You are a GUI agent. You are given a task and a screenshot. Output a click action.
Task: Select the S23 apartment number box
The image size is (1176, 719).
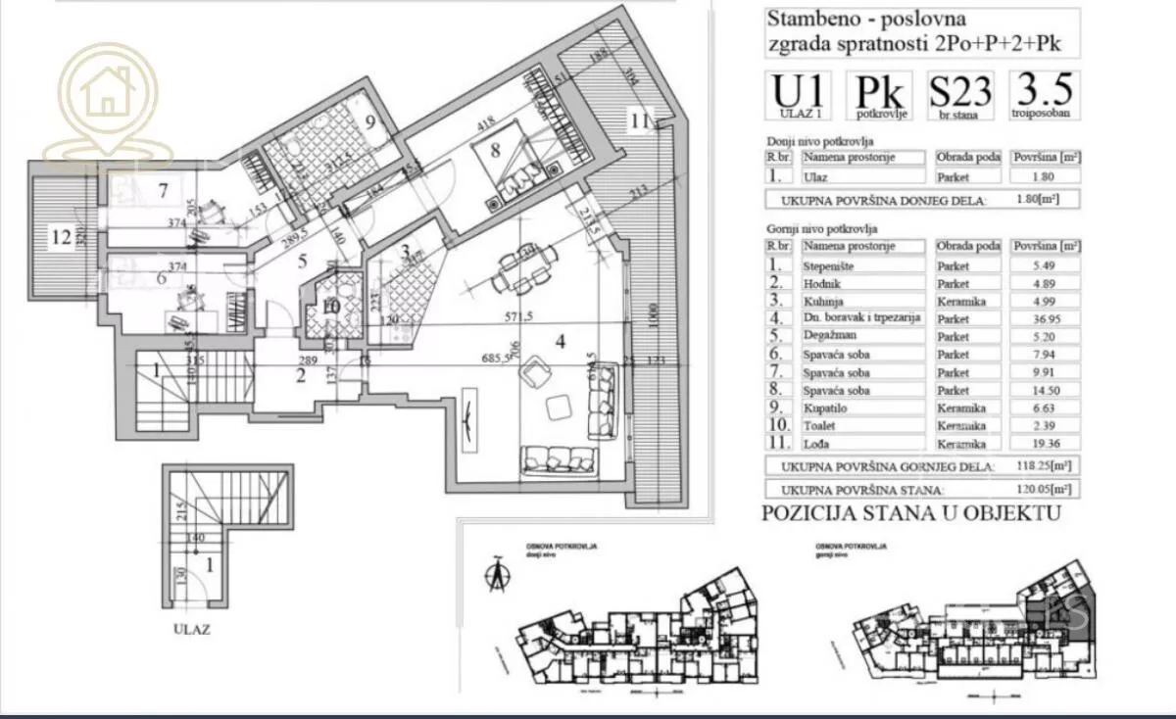[x=960, y=96]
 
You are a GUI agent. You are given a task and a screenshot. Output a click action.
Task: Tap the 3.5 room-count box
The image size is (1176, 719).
[x=1045, y=96]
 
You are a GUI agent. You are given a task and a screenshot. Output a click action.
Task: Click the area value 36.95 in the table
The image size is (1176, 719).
[x=1045, y=318]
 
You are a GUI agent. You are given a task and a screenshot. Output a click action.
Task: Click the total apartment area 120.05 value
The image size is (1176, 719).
[x=1045, y=489]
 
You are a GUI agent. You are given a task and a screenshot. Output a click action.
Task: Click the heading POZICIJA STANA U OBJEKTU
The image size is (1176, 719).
[x=910, y=512]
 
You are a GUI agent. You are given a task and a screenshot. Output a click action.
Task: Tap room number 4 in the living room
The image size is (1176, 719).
[x=561, y=342]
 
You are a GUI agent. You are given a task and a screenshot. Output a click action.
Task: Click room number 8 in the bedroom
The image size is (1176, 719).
[x=496, y=150]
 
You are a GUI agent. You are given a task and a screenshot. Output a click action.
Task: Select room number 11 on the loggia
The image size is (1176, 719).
[x=640, y=121]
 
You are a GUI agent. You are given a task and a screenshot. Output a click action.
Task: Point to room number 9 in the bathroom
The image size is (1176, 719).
[x=371, y=122]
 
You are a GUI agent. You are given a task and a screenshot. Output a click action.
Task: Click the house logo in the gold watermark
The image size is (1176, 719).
[x=107, y=94]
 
